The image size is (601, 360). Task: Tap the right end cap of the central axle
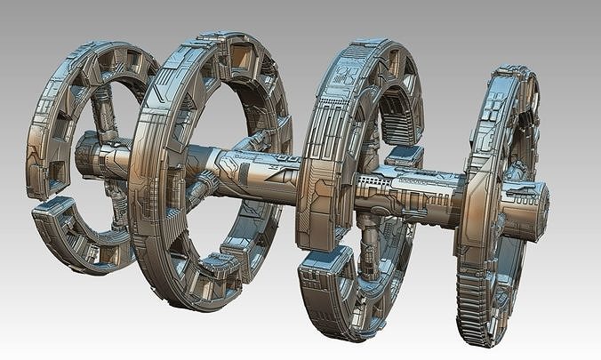[537, 205]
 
